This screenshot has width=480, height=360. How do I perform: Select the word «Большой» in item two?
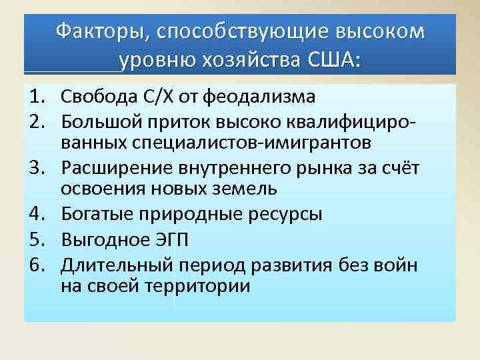coord(97,121)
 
